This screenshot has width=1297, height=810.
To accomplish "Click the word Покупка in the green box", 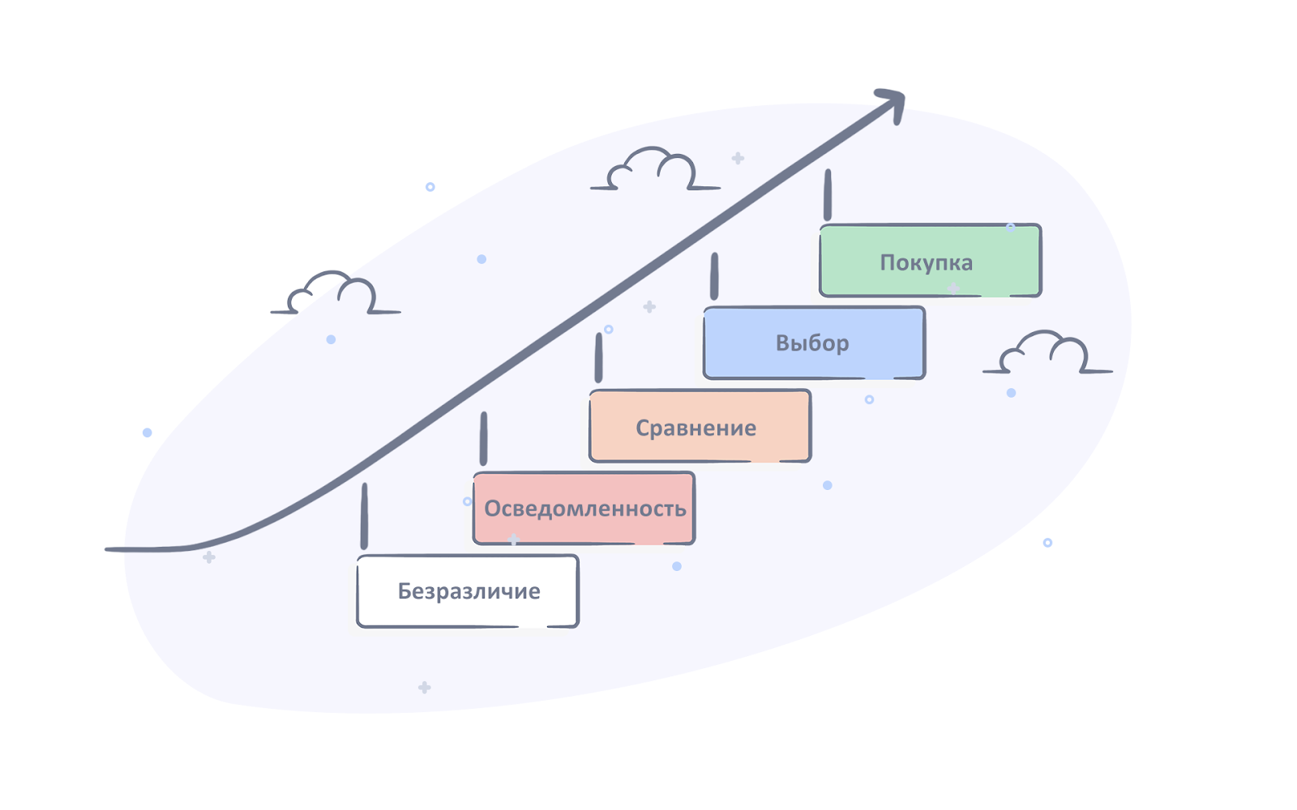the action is click(926, 262).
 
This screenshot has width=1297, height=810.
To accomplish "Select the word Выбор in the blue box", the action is click(812, 343).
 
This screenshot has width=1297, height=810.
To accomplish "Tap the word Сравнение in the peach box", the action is click(696, 428).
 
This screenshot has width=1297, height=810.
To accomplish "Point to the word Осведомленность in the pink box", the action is click(584, 509).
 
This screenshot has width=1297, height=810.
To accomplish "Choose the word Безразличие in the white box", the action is click(469, 590).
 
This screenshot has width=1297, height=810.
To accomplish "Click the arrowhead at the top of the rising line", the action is click(892, 104).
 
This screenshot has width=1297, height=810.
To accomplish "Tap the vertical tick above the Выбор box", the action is click(714, 276).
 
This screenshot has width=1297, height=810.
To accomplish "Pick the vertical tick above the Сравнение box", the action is click(599, 357).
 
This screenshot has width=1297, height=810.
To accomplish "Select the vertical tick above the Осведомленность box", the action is click(483, 438).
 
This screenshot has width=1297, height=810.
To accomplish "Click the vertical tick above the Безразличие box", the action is click(364, 516).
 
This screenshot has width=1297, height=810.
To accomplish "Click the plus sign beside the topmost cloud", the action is click(738, 158).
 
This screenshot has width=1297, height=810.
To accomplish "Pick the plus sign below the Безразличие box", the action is click(425, 688).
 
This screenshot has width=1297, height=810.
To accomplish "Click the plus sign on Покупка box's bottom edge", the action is click(953, 288).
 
